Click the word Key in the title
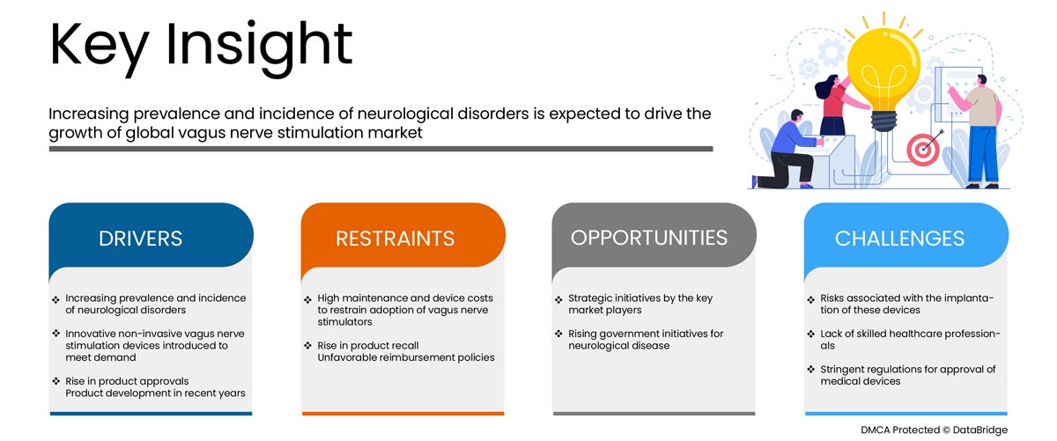(99, 48)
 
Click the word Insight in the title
(259, 48)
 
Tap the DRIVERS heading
(140, 239)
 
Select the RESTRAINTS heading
(395, 239)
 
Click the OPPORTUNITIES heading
(649, 238)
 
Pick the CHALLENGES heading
(899, 239)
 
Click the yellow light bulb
(883, 76)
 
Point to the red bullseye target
(922, 150)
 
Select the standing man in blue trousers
(979, 132)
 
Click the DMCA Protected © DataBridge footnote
(934, 430)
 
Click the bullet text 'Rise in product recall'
(368, 345)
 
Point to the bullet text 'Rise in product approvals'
(127, 381)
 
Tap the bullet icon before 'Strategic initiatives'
(558, 299)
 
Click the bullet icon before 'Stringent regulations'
(810, 370)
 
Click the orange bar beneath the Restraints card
(403, 414)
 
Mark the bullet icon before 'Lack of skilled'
(810, 334)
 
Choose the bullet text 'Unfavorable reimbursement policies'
(406, 357)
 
